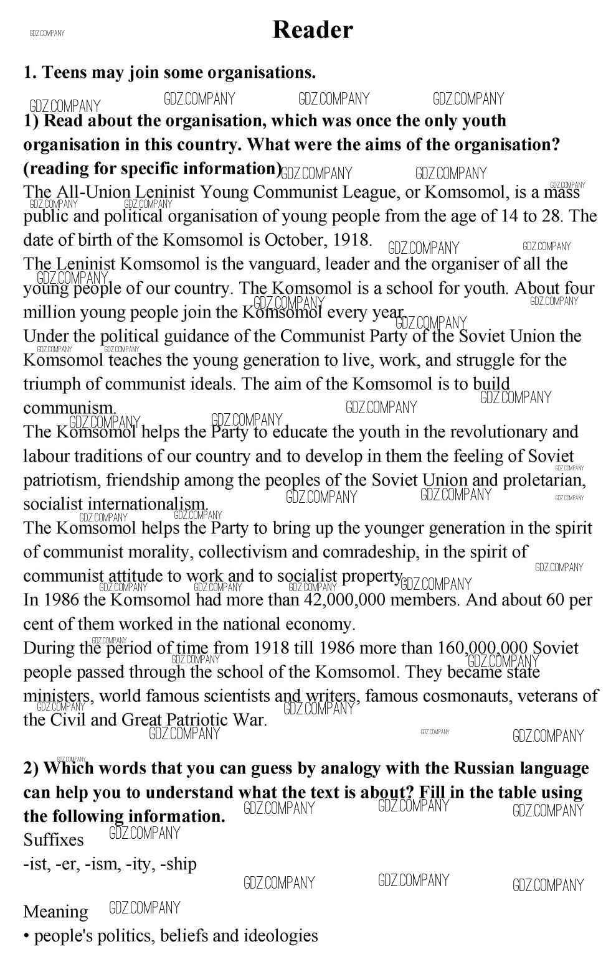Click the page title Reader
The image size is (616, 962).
pyautogui.click(x=313, y=30)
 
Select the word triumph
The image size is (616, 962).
pyautogui.click(x=52, y=384)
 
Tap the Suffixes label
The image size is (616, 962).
pyautogui.click(x=54, y=840)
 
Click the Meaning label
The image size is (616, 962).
pyautogui.click(x=55, y=912)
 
